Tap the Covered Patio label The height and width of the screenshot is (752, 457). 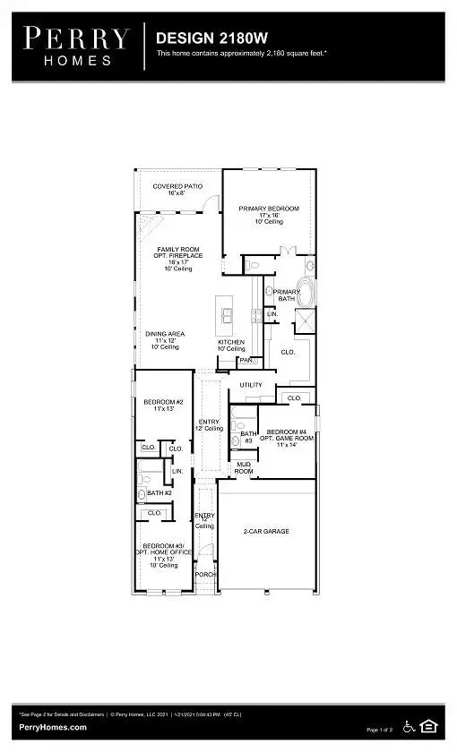tap(177, 190)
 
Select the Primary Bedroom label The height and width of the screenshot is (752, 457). tap(269, 213)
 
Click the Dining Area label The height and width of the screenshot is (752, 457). tap(165, 338)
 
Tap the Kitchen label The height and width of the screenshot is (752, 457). tap(231, 346)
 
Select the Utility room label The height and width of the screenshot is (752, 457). tap(251, 385)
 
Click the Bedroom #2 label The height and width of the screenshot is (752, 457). tap(163, 406)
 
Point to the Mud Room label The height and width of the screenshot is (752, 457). tap(244, 467)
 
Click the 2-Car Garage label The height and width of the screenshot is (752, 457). tap(267, 531)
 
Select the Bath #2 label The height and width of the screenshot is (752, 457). tap(160, 492)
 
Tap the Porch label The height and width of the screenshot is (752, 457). tap(205, 574)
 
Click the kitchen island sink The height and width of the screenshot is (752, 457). tap(228, 314)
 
